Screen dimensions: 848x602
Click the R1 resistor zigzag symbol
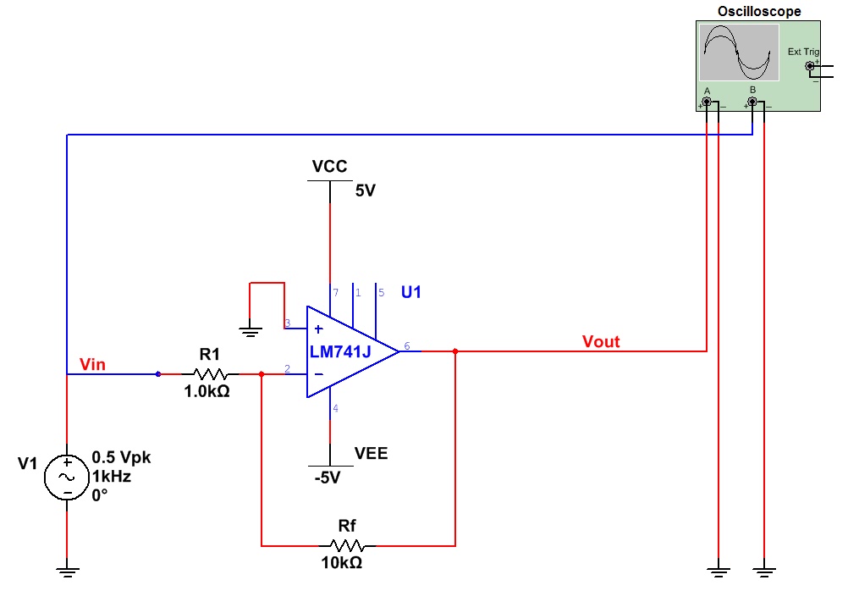(x=211, y=373)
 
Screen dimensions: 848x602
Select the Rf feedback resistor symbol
(x=347, y=545)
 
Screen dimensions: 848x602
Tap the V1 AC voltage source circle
(x=67, y=477)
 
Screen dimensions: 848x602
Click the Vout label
(x=601, y=342)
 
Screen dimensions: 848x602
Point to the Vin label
(x=92, y=365)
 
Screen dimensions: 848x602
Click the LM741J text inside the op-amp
(x=340, y=352)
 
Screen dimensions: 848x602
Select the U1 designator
(x=411, y=293)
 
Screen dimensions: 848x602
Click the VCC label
(x=329, y=166)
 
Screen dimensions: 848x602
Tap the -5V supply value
(x=328, y=478)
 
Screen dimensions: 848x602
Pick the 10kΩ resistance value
(x=342, y=563)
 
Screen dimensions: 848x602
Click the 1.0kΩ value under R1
(x=206, y=392)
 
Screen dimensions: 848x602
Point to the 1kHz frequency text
(x=112, y=477)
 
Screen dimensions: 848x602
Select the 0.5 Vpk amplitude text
(x=121, y=457)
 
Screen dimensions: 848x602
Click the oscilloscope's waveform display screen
(x=739, y=52)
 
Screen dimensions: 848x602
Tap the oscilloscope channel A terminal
(x=707, y=102)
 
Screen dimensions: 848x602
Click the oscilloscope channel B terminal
(x=752, y=102)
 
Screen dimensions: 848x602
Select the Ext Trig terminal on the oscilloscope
(x=810, y=66)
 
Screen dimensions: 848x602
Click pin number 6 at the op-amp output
(x=407, y=345)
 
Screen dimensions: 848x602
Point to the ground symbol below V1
(x=67, y=572)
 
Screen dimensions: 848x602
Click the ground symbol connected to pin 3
(x=250, y=332)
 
